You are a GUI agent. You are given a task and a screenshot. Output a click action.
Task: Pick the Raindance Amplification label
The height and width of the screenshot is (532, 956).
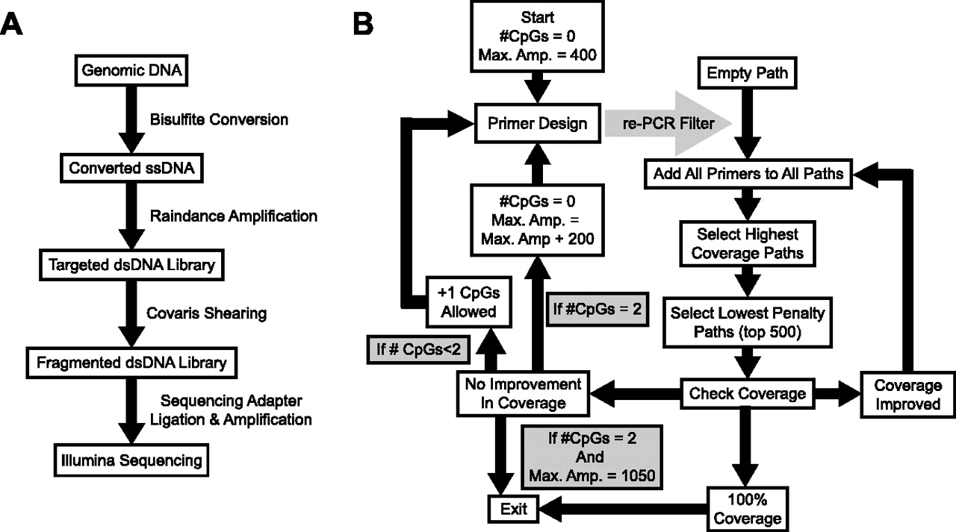point(234,216)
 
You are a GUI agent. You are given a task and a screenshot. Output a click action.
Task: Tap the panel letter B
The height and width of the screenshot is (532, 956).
point(363,25)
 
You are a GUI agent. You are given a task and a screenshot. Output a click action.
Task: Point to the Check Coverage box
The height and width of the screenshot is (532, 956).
point(748,392)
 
